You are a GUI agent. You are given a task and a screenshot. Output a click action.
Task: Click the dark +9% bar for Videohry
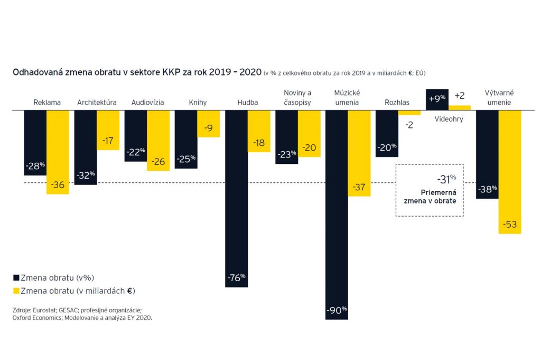click(x=437, y=99)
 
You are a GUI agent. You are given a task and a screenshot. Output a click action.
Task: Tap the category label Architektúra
click(x=97, y=103)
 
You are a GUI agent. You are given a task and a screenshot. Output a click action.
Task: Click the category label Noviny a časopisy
click(x=297, y=98)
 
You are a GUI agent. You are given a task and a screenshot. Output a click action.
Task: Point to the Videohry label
click(x=449, y=119)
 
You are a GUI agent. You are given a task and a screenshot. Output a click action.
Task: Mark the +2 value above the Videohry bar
click(x=459, y=96)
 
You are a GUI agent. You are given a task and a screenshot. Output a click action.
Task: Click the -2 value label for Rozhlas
click(x=409, y=125)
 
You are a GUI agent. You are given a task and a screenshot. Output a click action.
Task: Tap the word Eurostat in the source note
click(x=45, y=310)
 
